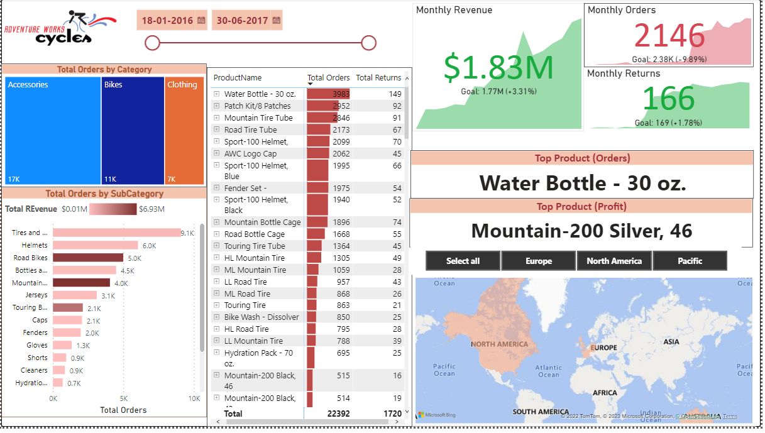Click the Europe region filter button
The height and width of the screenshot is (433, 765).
(x=539, y=261)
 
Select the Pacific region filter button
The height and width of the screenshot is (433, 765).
(x=690, y=261)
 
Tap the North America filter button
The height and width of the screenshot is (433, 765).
(x=614, y=261)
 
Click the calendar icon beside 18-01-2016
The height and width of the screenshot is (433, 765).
(x=201, y=20)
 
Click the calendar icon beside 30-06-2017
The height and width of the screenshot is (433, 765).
(x=277, y=20)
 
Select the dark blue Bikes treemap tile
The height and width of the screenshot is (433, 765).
(x=133, y=131)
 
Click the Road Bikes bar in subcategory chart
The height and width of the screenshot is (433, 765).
(x=88, y=258)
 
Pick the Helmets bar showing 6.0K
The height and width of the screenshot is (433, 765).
(x=95, y=245)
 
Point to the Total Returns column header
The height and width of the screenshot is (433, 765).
(x=378, y=78)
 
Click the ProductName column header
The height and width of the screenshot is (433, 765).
(x=238, y=78)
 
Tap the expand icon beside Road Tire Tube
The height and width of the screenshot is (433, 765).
(x=217, y=130)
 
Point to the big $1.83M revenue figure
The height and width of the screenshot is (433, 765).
(x=498, y=67)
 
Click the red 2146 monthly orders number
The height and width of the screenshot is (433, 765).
(x=669, y=36)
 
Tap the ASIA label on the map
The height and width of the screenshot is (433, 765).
(x=671, y=342)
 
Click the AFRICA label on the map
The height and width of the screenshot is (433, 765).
(x=605, y=393)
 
